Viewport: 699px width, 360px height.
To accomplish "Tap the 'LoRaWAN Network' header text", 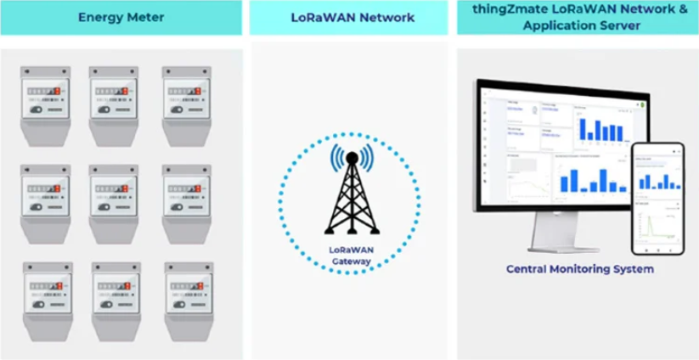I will pyautogui.click(x=348, y=17).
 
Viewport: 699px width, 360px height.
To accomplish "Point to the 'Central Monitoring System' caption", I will pyautogui.click(x=580, y=269).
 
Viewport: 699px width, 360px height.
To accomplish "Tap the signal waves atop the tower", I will pyautogui.click(x=349, y=157).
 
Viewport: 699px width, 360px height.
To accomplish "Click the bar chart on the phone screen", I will pyautogui.click(x=656, y=179).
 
